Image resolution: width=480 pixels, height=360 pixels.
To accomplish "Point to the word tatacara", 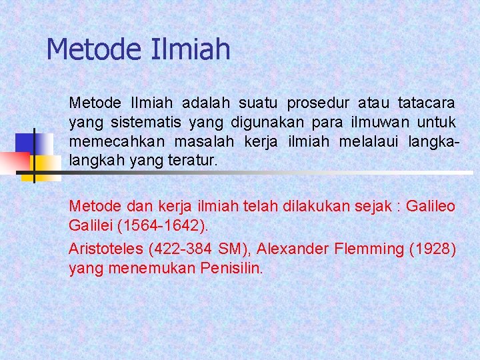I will click(x=427, y=103).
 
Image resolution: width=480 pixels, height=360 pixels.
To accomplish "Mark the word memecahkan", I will click(x=118, y=142).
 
